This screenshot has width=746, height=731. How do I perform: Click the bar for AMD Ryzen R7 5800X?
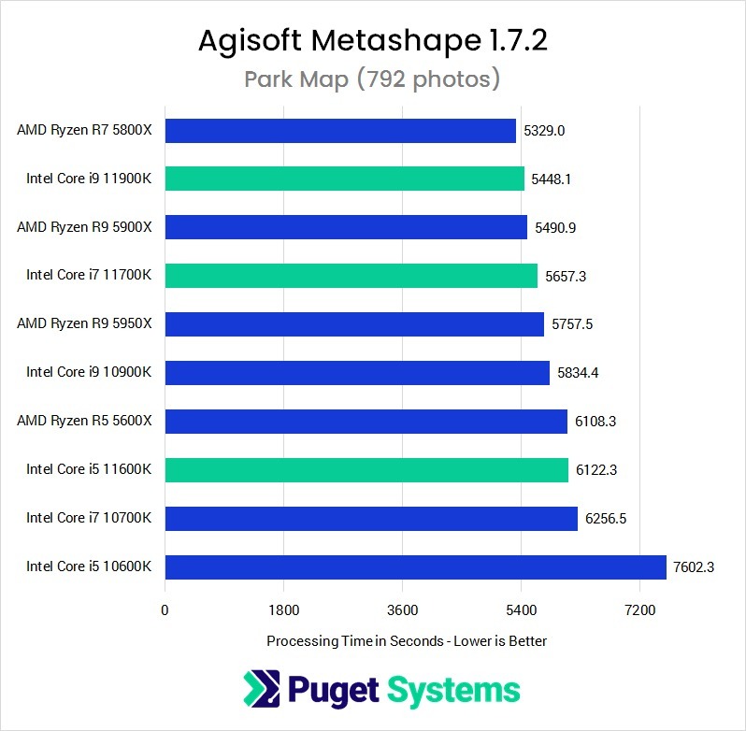(x=340, y=130)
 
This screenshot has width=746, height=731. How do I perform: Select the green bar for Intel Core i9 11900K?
(x=345, y=179)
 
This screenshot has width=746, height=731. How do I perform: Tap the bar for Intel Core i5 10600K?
(x=416, y=566)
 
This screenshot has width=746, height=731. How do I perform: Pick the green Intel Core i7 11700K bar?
(x=351, y=276)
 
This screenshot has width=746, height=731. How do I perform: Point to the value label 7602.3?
(x=694, y=566)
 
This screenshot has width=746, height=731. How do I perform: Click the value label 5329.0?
(x=544, y=130)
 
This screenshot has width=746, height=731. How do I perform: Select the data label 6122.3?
(x=596, y=469)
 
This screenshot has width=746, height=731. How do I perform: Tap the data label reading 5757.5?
(x=572, y=324)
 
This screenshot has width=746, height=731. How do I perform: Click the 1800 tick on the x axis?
(x=283, y=610)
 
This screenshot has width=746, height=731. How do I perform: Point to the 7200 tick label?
(x=639, y=610)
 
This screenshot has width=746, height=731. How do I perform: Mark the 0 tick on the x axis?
(x=165, y=610)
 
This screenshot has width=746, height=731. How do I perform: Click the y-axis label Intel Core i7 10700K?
(x=90, y=518)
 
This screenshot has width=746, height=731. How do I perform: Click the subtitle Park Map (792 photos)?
(x=372, y=79)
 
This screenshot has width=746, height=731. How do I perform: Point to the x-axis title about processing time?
(x=407, y=641)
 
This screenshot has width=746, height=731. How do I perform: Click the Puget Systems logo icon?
(x=261, y=690)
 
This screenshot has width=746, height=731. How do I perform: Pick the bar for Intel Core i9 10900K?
(x=357, y=373)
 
